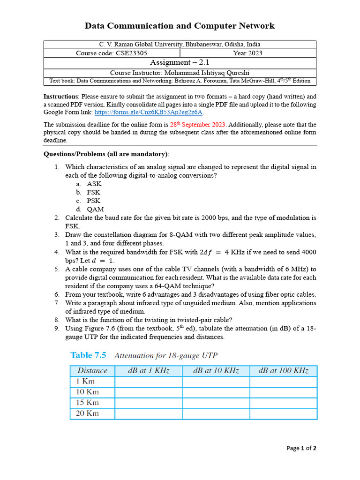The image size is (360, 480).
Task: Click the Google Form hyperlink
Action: [149, 112]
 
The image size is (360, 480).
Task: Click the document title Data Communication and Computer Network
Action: [180, 26]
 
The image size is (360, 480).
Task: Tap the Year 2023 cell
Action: [247, 53]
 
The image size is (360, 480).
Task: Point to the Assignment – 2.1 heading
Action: [180, 63]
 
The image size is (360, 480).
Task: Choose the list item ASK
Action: [94, 184]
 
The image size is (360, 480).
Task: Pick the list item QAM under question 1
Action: [95, 209]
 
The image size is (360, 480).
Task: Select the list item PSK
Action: [94, 201]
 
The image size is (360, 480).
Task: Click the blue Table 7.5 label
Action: [88, 355]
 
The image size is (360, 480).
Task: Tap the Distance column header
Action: [92, 371]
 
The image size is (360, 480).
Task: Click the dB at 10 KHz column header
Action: [216, 371]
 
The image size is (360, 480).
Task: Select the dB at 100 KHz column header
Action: [283, 371]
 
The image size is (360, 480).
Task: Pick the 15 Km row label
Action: [87, 403]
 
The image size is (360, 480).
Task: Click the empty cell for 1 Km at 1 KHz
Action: [149, 382]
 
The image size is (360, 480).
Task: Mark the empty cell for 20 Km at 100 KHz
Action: [283, 413]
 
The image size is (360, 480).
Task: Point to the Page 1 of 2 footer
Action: [301, 448]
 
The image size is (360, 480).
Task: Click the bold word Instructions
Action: [61, 97]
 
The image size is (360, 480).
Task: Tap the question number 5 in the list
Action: [57, 269]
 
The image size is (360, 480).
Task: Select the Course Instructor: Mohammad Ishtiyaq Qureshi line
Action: [180, 73]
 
